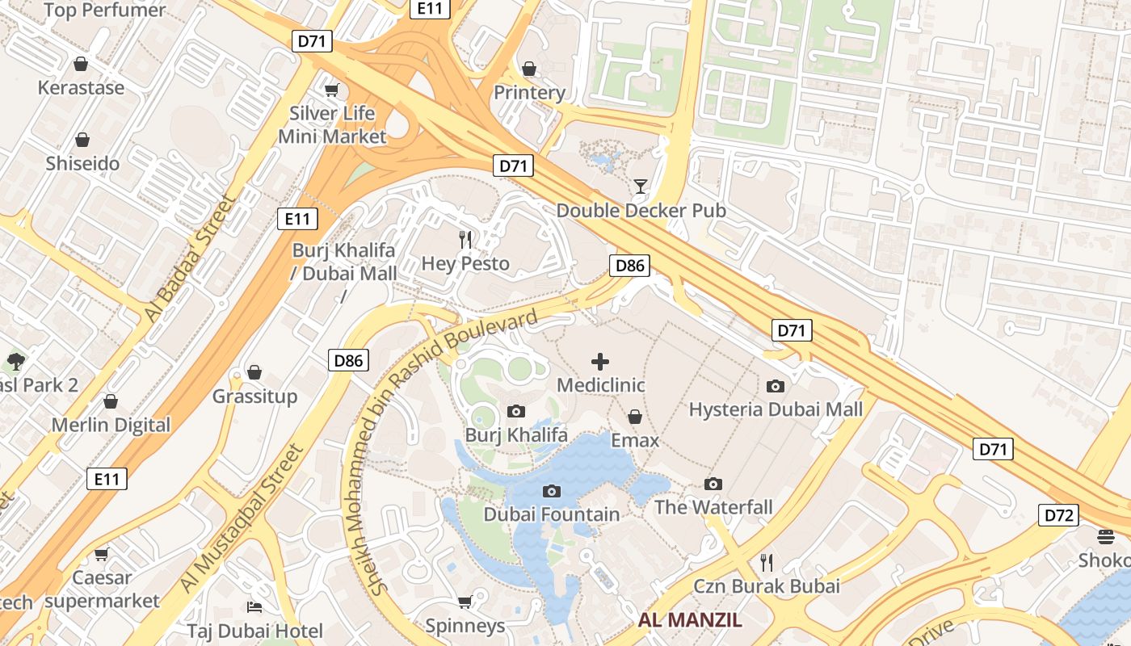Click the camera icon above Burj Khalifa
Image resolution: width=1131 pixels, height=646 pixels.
(x=515, y=412)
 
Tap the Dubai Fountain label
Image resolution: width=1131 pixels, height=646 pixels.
(x=552, y=514)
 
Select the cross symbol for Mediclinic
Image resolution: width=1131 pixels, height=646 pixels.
(x=600, y=362)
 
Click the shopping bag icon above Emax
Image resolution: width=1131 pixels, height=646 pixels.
(x=635, y=417)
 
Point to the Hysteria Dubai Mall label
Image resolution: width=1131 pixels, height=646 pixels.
(x=776, y=409)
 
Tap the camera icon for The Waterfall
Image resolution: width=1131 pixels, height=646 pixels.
(x=713, y=484)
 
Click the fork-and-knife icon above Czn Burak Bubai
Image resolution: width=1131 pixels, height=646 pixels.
(x=767, y=562)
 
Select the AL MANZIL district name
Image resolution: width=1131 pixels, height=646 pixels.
(x=690, y=621)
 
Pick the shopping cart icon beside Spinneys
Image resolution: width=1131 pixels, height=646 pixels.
(x=465, y=602)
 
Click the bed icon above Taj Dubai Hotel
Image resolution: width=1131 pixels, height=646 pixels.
(x=254, y=607)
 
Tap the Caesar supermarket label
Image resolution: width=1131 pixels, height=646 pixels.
(x=102, y=589)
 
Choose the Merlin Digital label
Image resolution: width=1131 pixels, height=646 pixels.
(x=111, y=425)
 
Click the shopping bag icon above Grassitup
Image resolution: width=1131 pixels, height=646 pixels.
(x=254, y=372)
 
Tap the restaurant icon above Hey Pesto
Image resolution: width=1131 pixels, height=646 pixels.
(x=465, y=239)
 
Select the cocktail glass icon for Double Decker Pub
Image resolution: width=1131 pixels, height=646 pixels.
(x=641, y=187)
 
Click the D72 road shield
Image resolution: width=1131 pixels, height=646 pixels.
(x=1058, y=515)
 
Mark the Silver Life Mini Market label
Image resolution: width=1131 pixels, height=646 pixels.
(x=332, y=124)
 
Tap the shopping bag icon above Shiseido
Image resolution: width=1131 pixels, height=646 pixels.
(x=82, y=140)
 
